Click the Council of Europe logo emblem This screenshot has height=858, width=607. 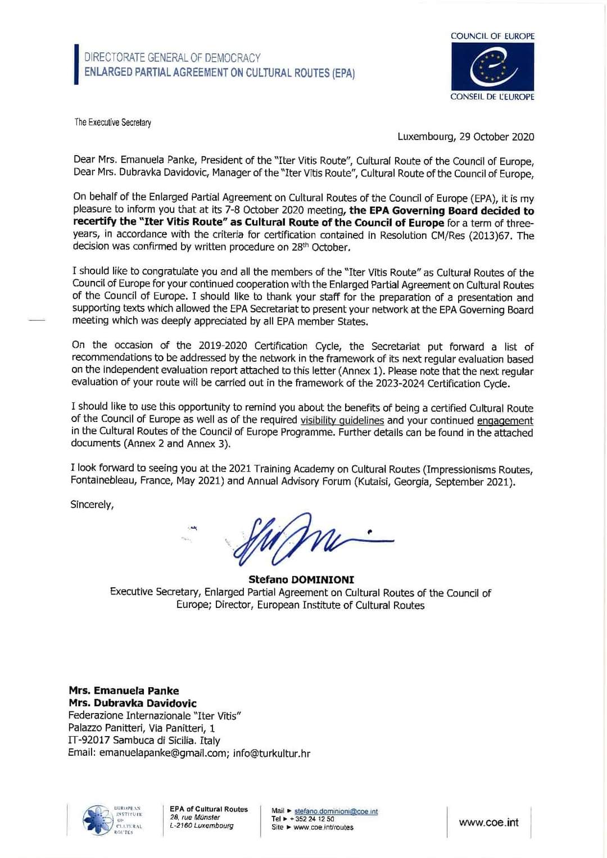coord(492,66)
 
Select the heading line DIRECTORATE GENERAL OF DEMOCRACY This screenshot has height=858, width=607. coord(173,58)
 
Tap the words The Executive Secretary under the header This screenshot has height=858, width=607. coord(113,122)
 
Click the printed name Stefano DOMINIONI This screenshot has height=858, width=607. coord(301,579)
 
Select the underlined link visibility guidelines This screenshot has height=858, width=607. coord(342,420)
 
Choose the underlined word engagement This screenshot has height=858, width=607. coord(505,420)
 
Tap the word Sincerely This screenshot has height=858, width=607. coord(92,505)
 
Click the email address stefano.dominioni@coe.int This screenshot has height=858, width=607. coord(336,811)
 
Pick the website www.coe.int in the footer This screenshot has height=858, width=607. coord(488,822)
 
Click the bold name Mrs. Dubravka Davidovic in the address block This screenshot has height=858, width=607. coord(133,703)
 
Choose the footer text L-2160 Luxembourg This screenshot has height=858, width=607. coord(201,826)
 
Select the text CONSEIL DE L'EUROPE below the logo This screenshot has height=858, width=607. coord(492,97)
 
